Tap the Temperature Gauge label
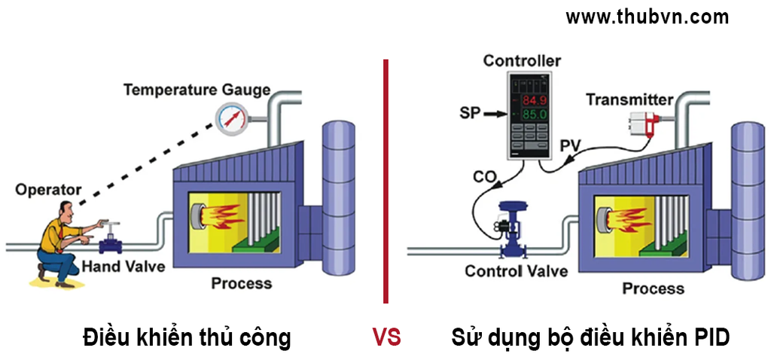click(197, 90)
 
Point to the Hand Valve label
click(123, 267)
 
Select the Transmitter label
click(629, 99)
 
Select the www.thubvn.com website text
click(648, 17)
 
